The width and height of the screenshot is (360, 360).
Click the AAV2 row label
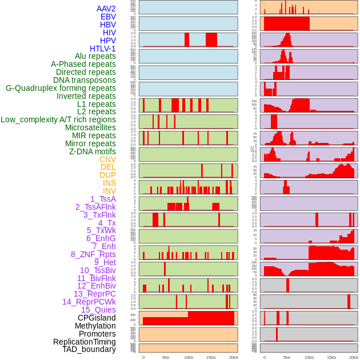106,9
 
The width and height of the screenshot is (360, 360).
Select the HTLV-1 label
102,49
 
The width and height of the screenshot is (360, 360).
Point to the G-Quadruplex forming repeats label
61,88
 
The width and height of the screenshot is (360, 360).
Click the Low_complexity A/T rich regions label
58,119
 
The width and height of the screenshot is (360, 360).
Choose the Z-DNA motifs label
92,151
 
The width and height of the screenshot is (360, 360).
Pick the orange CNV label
107,159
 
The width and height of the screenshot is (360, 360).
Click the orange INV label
109,191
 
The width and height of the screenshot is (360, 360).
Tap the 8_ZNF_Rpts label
93,254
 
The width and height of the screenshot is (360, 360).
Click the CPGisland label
97,318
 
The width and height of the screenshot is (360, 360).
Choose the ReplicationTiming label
84,342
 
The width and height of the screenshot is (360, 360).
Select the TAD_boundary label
89,349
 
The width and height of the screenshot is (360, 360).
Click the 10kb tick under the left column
188,357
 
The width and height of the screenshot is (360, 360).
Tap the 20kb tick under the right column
354,357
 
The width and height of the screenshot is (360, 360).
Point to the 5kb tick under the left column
166,357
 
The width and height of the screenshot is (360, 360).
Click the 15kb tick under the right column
331,357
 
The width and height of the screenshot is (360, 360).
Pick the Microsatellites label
90,127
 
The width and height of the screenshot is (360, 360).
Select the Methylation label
91,326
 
